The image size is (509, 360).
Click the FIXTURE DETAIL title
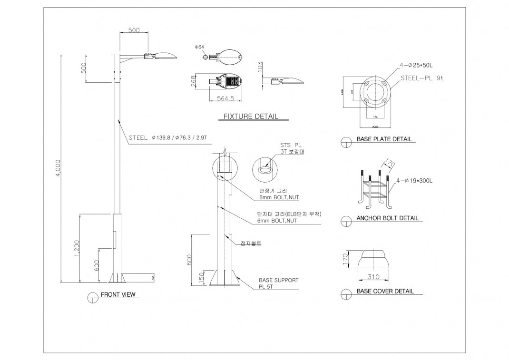coord(251,117)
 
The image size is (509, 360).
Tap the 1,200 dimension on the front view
coord(77,249)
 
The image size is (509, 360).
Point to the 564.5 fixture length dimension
coord(225,98)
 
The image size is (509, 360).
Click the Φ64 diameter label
coord(199,47)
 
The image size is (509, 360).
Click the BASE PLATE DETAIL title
coord(384,140)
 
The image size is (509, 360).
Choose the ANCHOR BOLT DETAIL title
coord(387,218)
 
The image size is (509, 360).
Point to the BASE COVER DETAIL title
coord(385,291)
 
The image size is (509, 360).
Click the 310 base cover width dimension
coord(373,277)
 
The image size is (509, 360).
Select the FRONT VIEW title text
coord(118,295)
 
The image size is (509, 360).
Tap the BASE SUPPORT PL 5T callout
coord(278,283)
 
